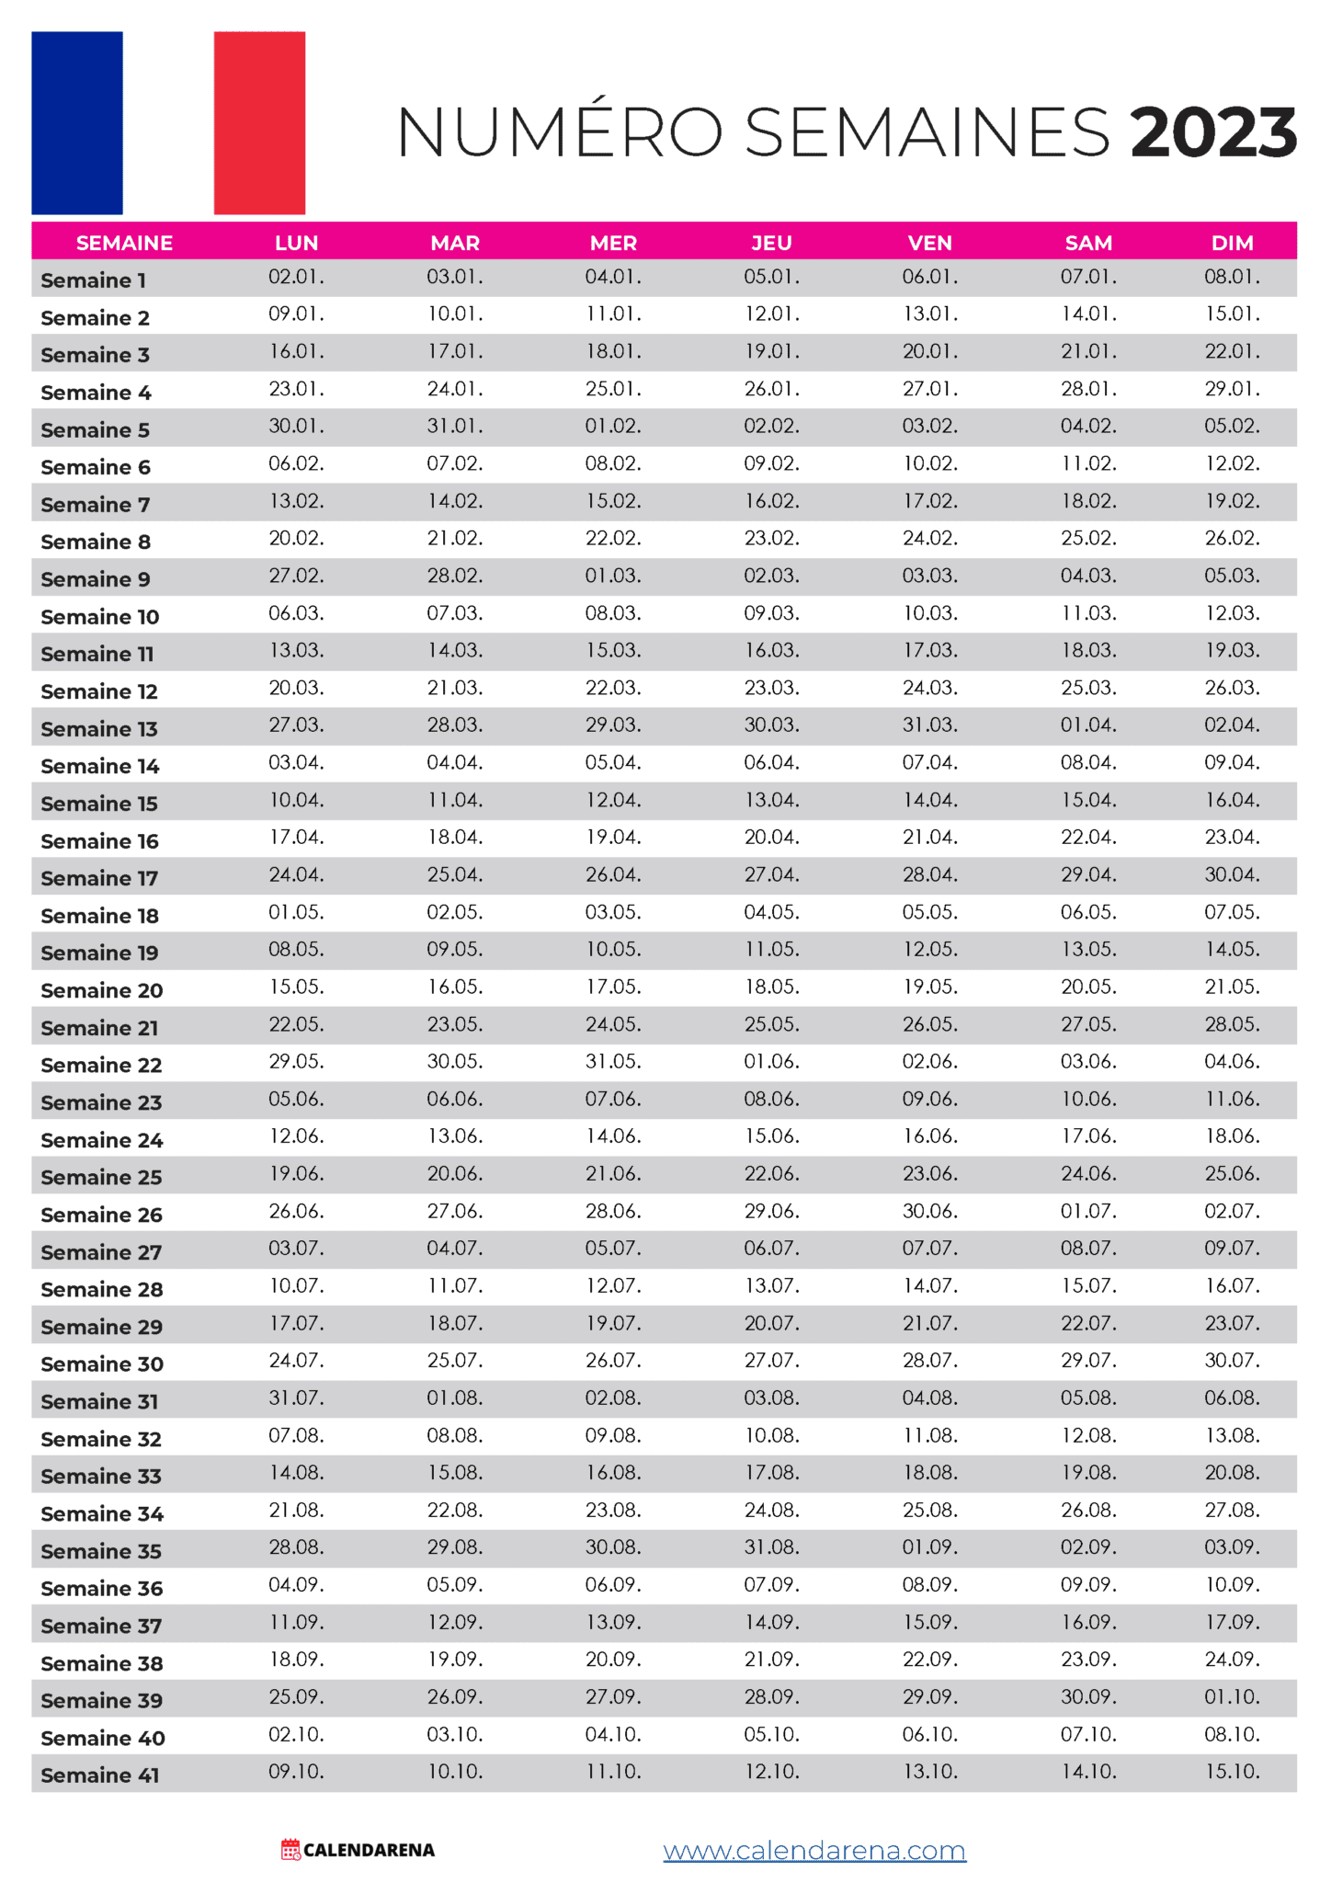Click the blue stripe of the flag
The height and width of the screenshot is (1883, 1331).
[x=77, y=122]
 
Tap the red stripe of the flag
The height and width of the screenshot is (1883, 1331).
[x=259, y=122]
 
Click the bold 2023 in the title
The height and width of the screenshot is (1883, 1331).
[x=1212, y=132]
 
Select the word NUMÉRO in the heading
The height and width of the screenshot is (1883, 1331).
[x=560, y=132]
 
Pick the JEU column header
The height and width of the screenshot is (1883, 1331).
[x=771, y=243]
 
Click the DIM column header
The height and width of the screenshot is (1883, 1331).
[x=1232, y=243]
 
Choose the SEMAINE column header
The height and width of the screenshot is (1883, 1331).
[x=124, y=243]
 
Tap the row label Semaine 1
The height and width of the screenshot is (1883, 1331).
[x=94, y=280]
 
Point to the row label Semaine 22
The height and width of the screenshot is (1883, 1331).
[x=101, y=1065]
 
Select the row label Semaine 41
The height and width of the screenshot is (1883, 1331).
[x=100, y=1775]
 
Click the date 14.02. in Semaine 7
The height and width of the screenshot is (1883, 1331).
[x=455, y=501]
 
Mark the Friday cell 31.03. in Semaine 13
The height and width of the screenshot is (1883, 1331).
[x=929, y=725]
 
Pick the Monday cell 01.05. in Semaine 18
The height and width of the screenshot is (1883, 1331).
[x=296, y=912]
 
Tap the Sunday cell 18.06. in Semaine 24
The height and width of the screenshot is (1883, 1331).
[x=1232, y=1136]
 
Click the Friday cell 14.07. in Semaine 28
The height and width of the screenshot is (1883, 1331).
[x=929, y=1285]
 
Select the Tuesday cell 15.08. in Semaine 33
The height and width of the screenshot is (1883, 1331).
[x=455, y=1472]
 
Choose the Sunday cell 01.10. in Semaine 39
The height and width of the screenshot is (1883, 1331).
[x=1232, y=1696]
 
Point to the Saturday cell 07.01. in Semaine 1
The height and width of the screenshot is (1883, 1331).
[x=1088, y=277]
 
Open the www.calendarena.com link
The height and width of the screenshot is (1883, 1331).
[x=814, y=1850]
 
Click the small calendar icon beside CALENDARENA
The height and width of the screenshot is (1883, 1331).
[x=290, y=1849]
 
